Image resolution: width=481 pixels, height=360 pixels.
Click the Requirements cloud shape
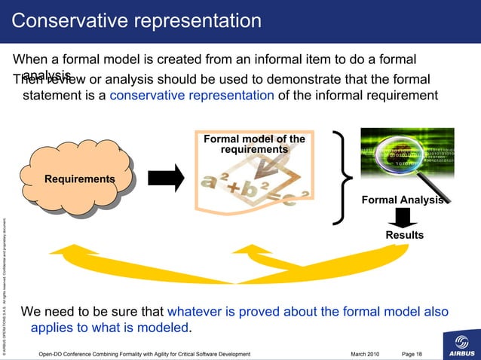[x=78, y=178]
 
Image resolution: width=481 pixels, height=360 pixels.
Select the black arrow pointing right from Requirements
[x=166, y=178]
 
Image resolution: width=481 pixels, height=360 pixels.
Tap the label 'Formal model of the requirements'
[x=254, y=145]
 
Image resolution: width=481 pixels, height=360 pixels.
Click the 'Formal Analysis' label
[x=405, y=200]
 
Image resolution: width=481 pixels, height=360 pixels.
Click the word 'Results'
[x=405, y=235]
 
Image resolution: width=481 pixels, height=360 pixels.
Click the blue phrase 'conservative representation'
[x=191, y=95]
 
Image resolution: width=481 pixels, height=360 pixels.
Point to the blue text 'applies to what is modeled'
[x=110, y=328]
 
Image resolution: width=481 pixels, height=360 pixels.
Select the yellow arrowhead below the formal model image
[x=264, y=256]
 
